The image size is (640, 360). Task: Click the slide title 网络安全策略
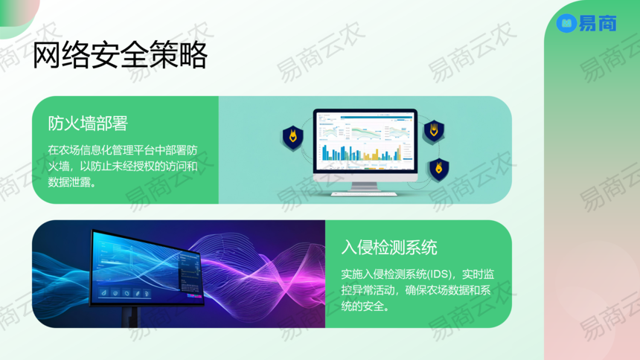point(120,55)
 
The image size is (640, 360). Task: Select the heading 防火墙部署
point(88,123)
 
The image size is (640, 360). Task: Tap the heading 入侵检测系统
point(389,248)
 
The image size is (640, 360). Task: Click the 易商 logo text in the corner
point(598,23)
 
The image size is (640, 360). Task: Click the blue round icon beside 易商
point(566,23)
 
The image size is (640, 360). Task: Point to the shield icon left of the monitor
point(293,138)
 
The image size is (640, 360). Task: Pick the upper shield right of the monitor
point(433,131)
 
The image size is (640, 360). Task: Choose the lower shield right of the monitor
point(439,169)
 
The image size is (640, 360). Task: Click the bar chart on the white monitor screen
point(361,152)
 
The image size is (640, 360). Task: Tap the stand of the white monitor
point(365,187)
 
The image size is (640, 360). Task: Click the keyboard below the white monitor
point(364,194)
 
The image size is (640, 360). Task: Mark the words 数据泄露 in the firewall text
point(69,182)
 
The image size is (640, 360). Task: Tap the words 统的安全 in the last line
point(362,306)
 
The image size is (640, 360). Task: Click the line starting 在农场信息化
point(123,150)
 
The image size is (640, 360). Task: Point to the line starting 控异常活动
point(416,290)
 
